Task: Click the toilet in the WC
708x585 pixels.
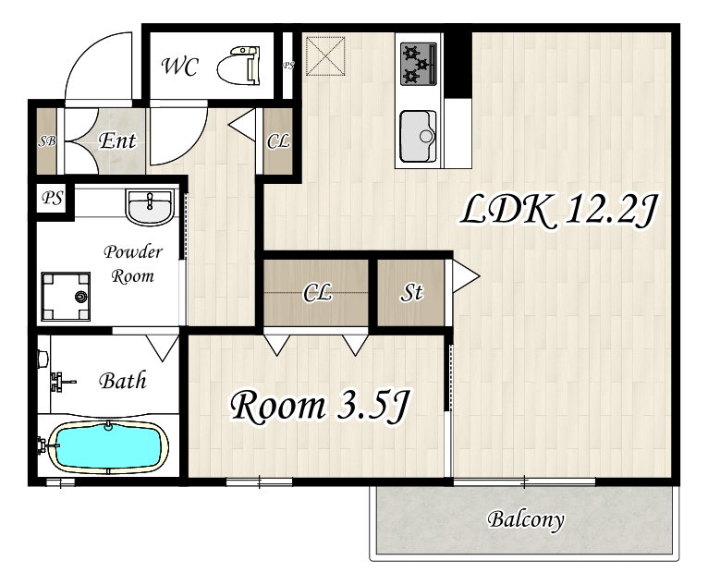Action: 239,65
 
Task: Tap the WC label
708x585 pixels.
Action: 179,67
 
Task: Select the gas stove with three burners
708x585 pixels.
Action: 419,64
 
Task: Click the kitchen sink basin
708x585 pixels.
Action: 418,137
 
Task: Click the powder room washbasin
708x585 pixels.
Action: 150,207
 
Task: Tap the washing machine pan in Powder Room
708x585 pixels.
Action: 66,296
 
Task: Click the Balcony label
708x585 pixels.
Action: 526,519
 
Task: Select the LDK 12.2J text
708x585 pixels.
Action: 558,210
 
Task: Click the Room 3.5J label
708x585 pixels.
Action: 320,407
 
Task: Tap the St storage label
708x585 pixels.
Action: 411,292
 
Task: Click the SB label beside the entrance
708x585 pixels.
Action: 46,141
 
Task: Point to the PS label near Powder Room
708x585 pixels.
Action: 52,197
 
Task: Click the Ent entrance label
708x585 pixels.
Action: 117,140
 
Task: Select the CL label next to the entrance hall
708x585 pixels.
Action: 278,141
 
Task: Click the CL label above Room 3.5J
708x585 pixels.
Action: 317,292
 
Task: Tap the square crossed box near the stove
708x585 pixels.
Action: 325,56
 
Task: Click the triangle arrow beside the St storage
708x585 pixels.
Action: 466,275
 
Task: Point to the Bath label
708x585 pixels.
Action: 123,381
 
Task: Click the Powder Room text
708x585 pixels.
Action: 133,263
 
